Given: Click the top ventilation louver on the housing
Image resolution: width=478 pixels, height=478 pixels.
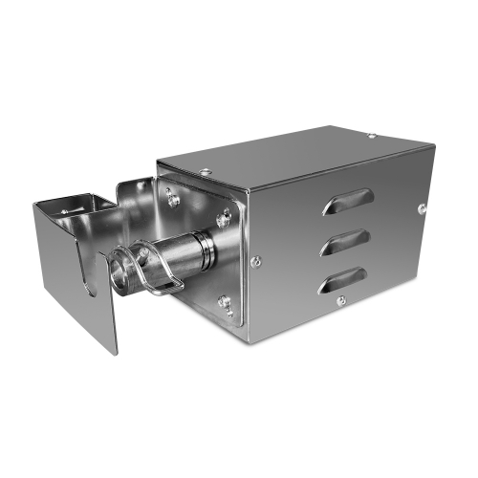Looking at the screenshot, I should click(346, 200).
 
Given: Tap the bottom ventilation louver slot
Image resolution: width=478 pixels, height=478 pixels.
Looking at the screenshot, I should click(344, 279).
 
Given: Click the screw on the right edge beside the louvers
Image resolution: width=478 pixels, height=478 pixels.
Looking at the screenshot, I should click(421, 207).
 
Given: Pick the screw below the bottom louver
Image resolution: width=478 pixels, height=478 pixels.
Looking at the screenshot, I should click(340, 302).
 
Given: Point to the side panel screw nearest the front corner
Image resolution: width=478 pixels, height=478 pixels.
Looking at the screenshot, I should click(255, 259).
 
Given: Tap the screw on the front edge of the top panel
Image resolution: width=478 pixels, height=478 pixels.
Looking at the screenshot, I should click(204, 172).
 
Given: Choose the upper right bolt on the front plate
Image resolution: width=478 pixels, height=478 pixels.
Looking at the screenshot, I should click(226, 219).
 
